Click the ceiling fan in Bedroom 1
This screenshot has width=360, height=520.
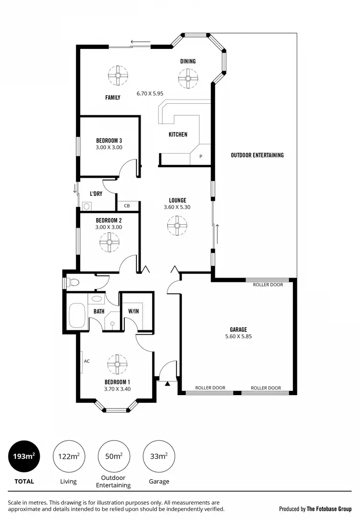(117, 364)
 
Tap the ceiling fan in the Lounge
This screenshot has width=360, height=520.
(177, 226)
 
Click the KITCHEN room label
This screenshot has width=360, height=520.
(178, 134)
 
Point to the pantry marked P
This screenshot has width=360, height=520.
(201, 157)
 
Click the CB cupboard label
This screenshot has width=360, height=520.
(127, 206)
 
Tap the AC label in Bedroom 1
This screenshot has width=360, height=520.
(87, 361)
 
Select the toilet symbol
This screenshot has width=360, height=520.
(72, 282)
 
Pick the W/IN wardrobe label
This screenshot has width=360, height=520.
(133, 311)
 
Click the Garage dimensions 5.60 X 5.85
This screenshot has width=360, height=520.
(239, 337)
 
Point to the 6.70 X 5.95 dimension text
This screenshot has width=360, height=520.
(150, 94)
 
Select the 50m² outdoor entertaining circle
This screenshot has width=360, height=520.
(114, 456)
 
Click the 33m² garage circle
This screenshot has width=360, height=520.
(159, 456)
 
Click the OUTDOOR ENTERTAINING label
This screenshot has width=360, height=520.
(257, 155)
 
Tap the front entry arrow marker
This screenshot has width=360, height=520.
(167, 383)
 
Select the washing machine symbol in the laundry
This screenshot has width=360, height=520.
(87, 206)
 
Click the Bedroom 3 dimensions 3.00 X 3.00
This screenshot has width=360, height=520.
(109, 147)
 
